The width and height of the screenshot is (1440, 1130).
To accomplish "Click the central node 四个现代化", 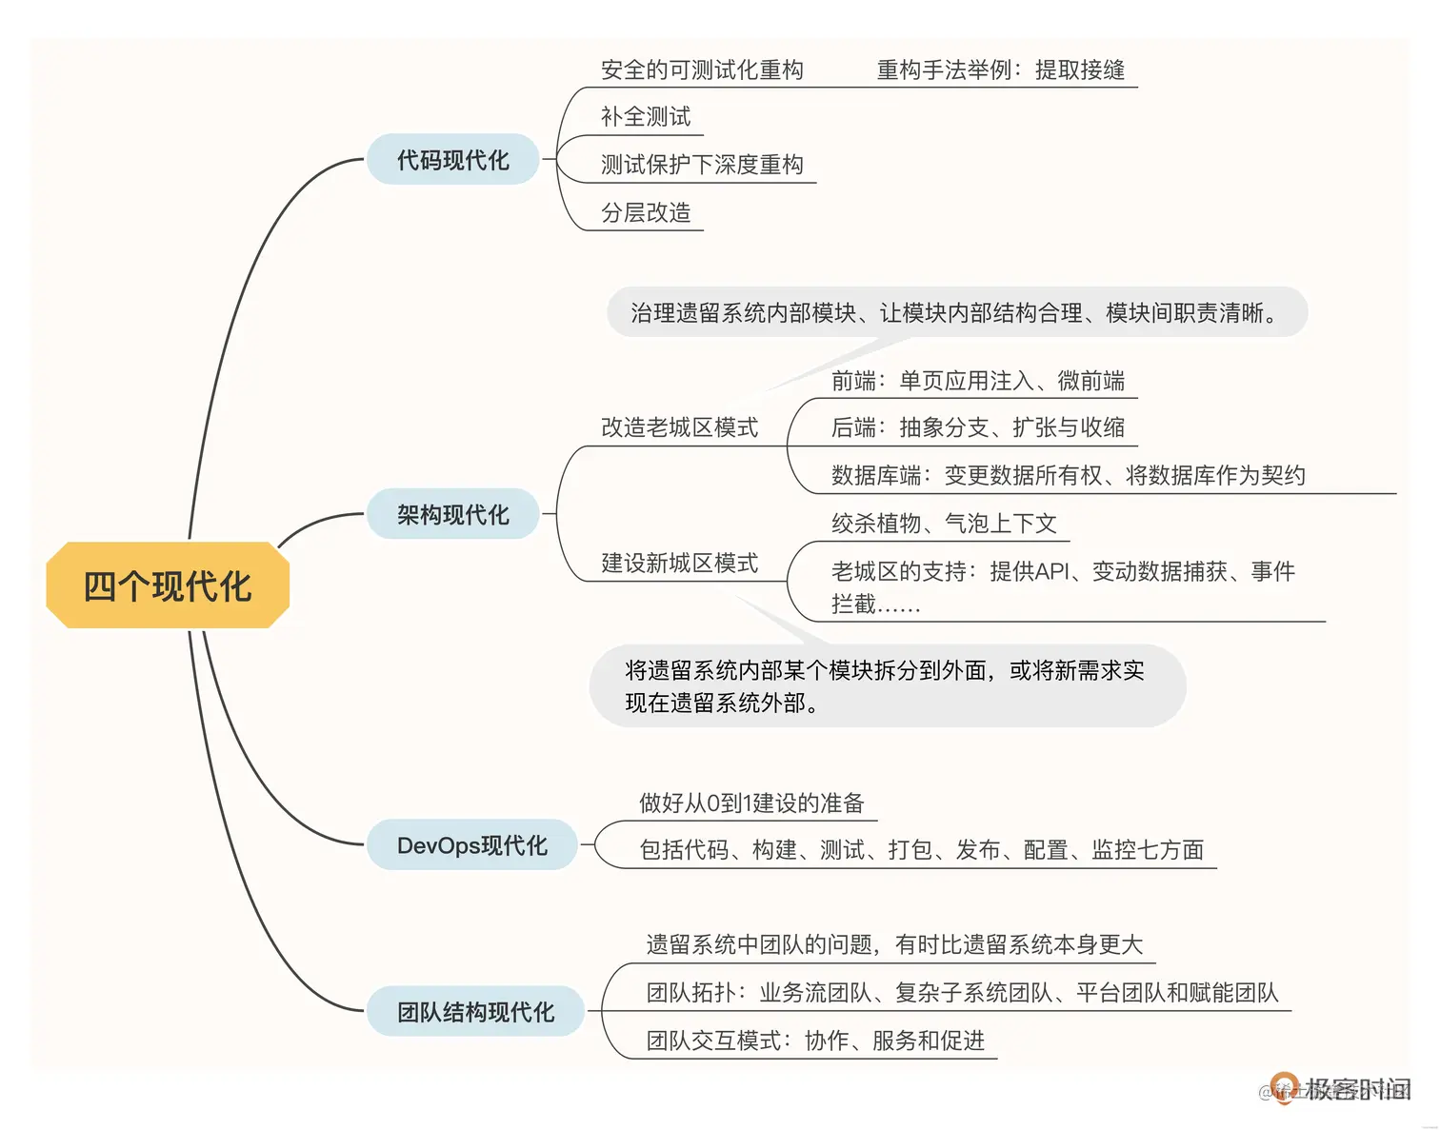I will (168, 585).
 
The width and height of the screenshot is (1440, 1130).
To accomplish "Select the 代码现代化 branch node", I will (453, 160).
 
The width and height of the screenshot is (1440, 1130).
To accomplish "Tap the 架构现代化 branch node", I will (453, 515).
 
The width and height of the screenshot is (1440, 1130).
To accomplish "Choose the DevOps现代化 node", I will (472, 845).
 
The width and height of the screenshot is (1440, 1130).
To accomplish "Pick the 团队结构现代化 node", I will (475, 1012).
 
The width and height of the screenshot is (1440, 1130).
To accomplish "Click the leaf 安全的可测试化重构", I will (702, 69).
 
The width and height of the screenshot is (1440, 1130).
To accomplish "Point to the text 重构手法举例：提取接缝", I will (1000, 69).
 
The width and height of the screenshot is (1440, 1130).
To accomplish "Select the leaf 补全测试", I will (646, 117).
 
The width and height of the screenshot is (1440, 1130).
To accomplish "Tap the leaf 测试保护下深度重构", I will (702, 165).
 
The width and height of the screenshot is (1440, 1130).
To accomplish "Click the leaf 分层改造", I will (646, 212).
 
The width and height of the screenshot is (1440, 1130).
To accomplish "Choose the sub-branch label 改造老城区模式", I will (679, 427).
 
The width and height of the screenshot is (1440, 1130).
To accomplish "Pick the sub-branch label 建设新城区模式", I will (679, 563).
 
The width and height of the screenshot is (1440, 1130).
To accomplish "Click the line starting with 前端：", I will (977, 381).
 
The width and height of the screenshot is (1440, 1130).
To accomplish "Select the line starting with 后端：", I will (977, 427).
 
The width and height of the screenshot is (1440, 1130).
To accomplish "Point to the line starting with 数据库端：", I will (1068, 475).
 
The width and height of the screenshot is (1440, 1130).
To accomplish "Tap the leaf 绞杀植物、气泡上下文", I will (944, 523).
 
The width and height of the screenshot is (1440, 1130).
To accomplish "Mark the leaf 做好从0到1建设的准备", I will (751, 803).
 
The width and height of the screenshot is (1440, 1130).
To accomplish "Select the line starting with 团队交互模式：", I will (815, 1041).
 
